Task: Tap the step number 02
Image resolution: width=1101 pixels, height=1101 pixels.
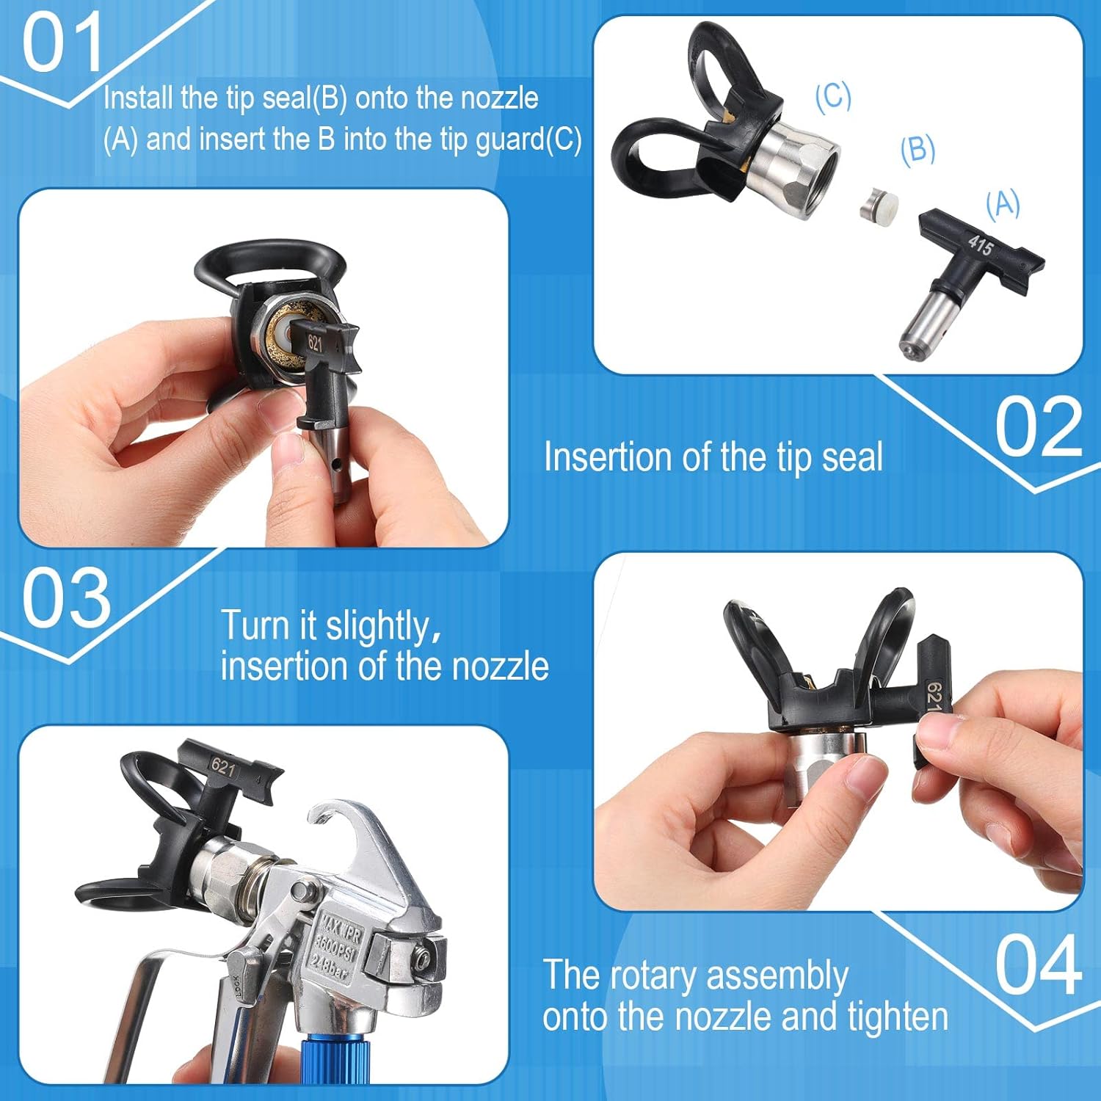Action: (1038, 427)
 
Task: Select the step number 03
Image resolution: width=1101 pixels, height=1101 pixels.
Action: (66, 598)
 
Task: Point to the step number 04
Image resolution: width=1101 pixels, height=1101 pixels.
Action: (1038, 965)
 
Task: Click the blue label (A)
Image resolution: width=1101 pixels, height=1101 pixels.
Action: (1003, 203)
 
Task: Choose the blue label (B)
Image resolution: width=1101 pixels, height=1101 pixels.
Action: (917, 149)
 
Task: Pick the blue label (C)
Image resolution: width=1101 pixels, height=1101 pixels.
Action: (833, 95)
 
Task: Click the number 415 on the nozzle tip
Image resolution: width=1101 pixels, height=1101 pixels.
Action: (981, 244)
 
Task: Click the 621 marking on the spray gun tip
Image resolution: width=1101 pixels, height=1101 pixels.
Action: (223, 767)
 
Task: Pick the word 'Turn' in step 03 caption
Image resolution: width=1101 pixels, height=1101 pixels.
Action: (255, 625)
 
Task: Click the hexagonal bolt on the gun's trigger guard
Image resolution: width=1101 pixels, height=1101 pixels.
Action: (421, 958)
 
